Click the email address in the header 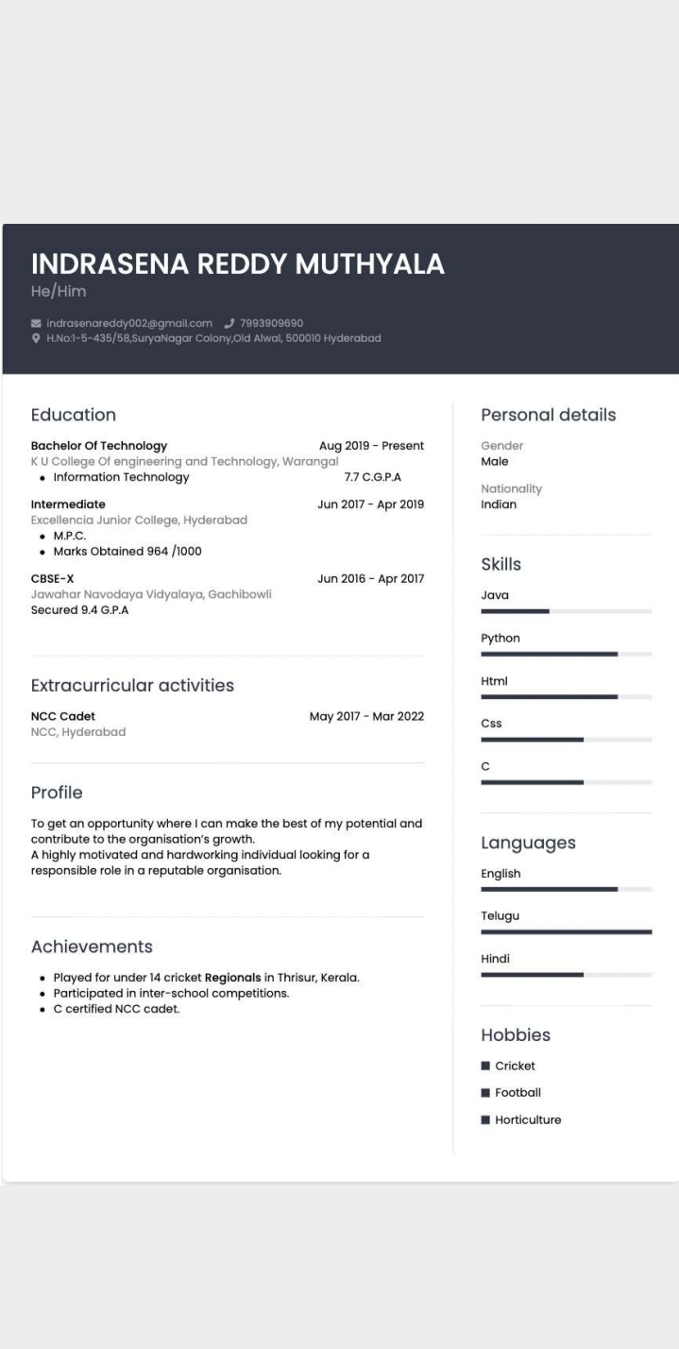[129, 323]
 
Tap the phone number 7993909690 [271, 323]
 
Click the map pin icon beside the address [36, 338]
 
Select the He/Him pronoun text [59, 292]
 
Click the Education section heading [74, 415]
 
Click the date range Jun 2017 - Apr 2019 [370, 504]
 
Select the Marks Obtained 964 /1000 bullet [127, 551]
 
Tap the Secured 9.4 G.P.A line [79, 610]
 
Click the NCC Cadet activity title [63, 716]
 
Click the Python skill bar [566, 654]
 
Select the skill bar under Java [566, 611]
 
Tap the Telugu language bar [566, 931]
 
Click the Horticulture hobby [528, 1119]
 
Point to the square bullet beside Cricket [485, 1066]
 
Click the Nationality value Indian [499, 504]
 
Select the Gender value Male [495, 462]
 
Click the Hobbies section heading [516, 1035]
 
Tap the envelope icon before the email [36, 323]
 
